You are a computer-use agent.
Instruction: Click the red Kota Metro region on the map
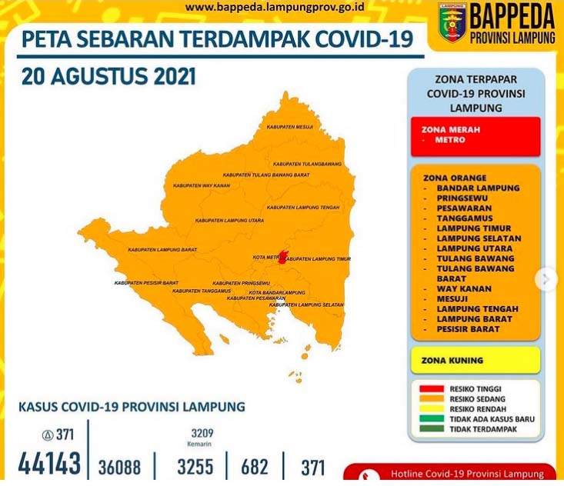pos(282,258)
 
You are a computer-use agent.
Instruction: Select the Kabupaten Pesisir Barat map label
pos(146,283)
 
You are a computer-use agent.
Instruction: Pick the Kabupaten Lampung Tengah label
pos(303,208)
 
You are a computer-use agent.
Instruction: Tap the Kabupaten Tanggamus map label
pos(202,291)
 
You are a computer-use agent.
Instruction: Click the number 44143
pos(49,464)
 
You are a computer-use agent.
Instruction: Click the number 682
pos(255,467)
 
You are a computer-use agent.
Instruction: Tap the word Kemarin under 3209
pos(198,444)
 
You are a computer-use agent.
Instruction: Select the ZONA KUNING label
pos(452,360)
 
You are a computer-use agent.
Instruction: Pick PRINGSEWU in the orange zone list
pos(466,198)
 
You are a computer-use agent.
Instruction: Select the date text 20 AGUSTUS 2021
pos(108,78)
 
